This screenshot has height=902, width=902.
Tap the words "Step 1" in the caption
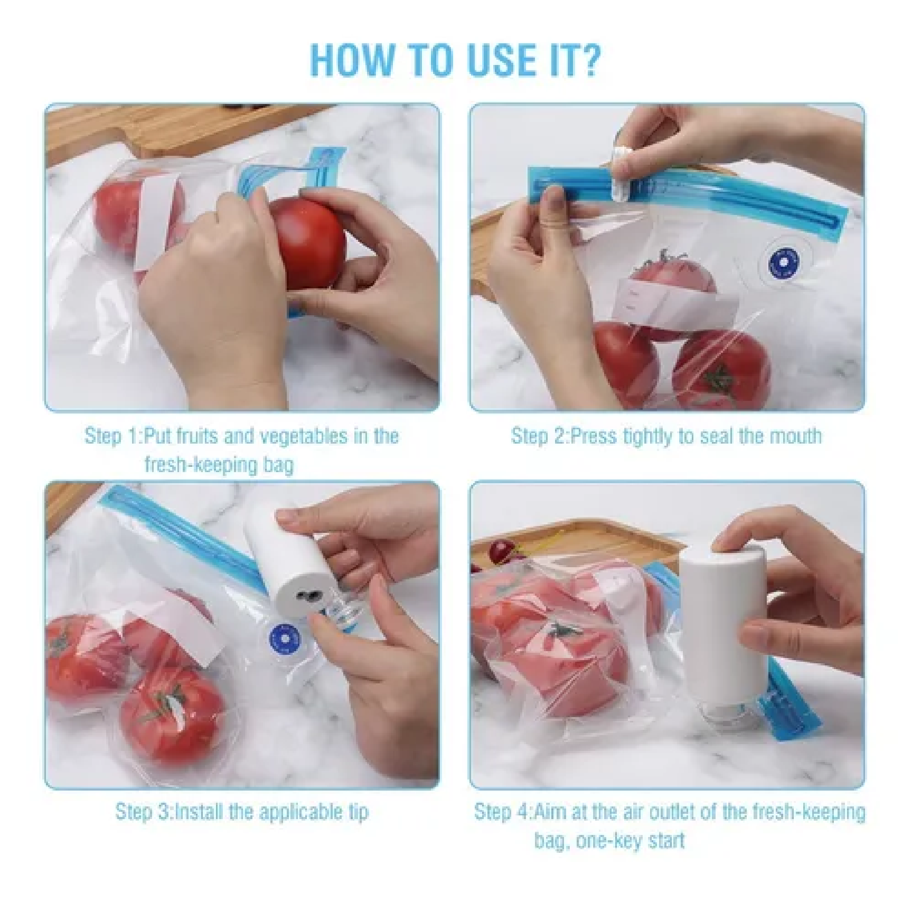[112, 437]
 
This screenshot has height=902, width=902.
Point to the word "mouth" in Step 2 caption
[795, 436]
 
